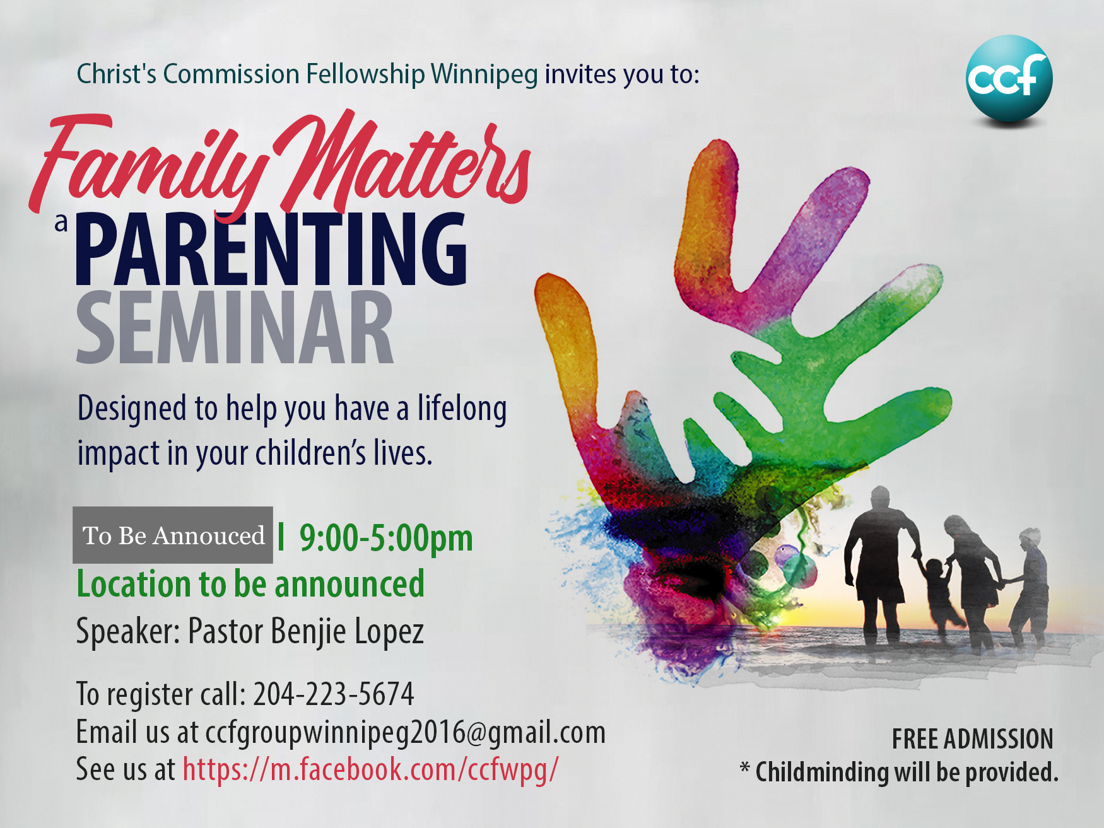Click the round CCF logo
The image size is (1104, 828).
pyautogui.click(x=1009, y=78)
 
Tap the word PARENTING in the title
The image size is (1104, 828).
pyautogui.click(x=272, y=249)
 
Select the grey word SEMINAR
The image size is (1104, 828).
pyautogui.click(x=235, y=327)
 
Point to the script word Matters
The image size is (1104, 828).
pyautogui.click(x=404, y=161)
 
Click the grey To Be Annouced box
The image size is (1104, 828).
pyautogui.click(x=173, y=535)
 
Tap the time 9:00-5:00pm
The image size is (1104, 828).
pyautogui.click(x=385, y=539)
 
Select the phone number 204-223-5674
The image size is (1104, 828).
pyautogui.click(x=334, y=694)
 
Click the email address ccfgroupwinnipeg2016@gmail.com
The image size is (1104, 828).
pyautogui.click(x=406, y=733)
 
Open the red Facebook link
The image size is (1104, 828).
pyautogui.click(x=371, y=770)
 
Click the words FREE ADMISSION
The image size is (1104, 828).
pyautogui.click(x=972, y=739)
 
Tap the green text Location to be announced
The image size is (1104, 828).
pyautogui.click(x=250, y=584)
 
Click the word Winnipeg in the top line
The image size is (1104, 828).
pyautogui.click(x=484, y=74)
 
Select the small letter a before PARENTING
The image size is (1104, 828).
pyautogui.click(x=61, y=223)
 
